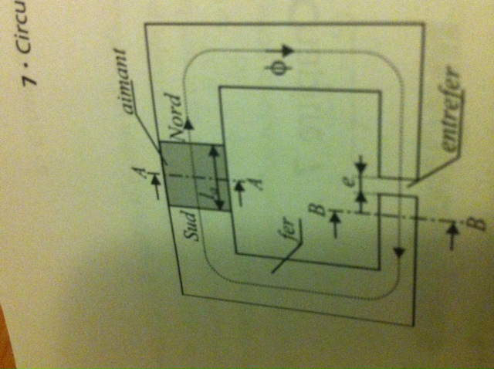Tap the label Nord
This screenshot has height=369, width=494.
(176, 117)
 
